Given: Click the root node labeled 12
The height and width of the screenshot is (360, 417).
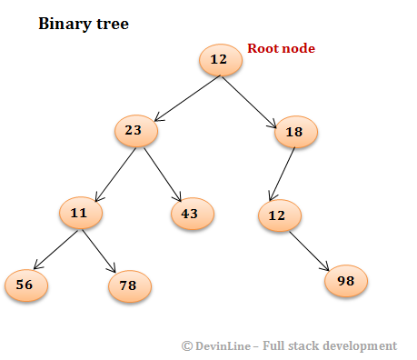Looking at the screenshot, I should click(x=220, y=60).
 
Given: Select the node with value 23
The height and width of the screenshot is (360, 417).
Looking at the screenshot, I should click(x=135, y=131).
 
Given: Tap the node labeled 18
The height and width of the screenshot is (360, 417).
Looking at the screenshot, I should click(x=295, y=132).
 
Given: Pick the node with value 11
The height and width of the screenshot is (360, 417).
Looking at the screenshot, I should click(x=81, y=214).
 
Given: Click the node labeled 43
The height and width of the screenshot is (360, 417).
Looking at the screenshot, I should click(x=192, y=214).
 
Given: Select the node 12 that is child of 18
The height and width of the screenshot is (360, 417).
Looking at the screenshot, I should click(x=279, y=215).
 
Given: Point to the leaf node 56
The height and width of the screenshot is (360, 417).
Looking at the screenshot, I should click(x=25, y=285).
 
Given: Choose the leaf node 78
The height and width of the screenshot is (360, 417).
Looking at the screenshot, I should click(x=129, y=286).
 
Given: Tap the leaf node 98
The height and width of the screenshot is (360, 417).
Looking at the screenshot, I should click(x=346, y=280).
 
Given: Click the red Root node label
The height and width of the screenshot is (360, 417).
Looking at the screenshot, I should click(x=281, y=48).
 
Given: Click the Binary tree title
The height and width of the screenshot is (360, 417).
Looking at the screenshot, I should click(x=83, y=23).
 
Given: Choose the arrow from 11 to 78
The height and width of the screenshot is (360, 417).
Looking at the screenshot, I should click(x=100, y=249).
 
